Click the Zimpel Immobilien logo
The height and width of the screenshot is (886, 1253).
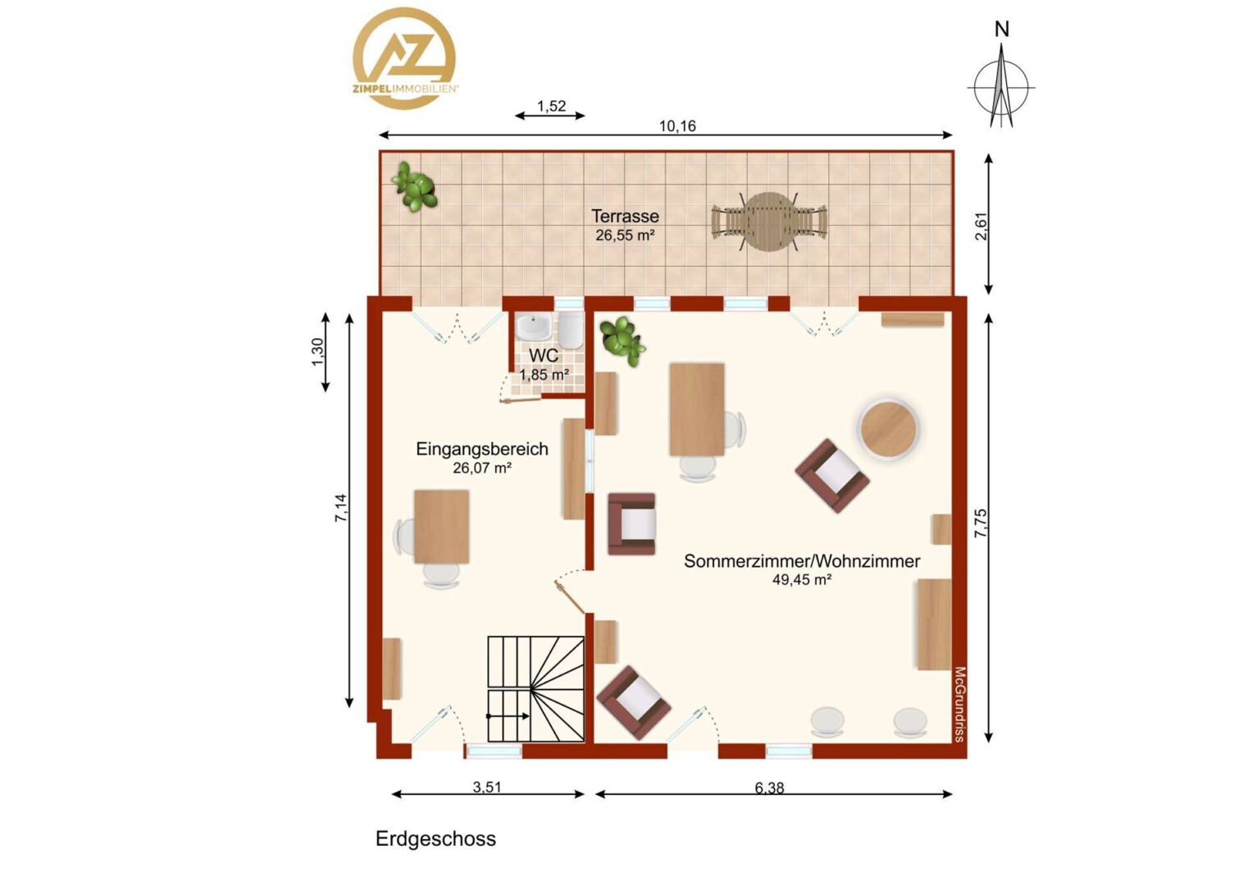click(404, 57)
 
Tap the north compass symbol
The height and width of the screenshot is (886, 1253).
click(1001, 79)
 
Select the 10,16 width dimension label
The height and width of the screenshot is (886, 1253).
click(677, 126)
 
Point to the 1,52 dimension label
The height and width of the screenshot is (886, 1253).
click(552, 106)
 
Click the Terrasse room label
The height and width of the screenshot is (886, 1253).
click(625, 216)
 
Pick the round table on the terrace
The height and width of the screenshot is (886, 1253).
click(769, 221)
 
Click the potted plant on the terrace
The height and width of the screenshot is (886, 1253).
click(414, 186)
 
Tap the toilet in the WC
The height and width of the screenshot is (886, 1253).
click(571, 330)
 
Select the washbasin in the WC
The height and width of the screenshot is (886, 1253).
click(533, 327)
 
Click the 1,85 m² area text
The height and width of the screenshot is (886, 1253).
click(544, 374)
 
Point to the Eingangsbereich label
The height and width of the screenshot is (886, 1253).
click(481, 449)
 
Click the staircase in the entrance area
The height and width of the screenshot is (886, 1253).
click(535, 689)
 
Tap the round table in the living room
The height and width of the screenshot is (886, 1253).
click(888, 429)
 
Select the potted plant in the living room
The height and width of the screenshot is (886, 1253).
click(622, 341)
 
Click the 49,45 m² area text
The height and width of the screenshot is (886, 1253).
click(802, 580)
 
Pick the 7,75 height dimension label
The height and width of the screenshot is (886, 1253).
click(981, 523)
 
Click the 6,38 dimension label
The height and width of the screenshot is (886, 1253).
click(769, 788)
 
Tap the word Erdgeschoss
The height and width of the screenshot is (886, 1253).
click(435, 838)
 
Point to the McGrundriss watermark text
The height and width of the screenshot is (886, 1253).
click(959, 704)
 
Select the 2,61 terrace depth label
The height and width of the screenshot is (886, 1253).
click(981, 226)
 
